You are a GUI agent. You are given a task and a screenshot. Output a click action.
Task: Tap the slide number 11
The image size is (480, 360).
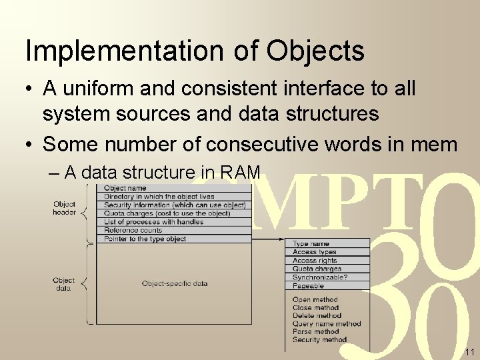click(469, 351)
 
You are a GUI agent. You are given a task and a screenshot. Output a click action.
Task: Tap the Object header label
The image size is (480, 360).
click(64, 208)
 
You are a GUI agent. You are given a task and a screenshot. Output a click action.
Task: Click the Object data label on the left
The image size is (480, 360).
click(64, 284)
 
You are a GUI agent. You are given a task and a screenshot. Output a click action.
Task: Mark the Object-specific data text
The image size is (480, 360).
click(175, 283)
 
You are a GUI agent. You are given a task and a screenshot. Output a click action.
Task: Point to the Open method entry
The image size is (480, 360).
click(315, 300)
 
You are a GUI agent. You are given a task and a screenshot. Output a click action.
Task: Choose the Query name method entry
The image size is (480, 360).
click(327, 324)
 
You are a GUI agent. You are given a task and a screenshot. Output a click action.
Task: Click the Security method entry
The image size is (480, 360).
click(319, 340)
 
